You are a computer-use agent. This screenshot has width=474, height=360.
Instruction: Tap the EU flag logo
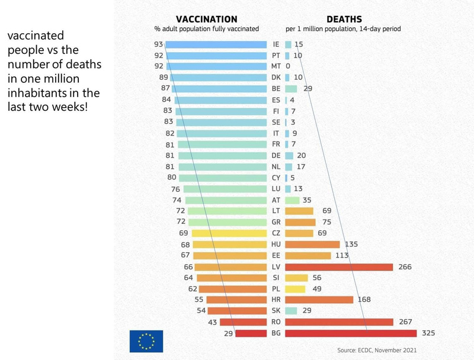pyautogui.click(x=146, y=341)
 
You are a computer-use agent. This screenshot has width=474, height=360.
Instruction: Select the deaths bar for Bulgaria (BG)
pyautogui.click(x=351, y=333)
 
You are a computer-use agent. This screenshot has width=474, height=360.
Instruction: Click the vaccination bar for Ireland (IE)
pyautogui.click(x=216, y=44)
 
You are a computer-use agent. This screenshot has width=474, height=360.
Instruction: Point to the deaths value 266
pyautogui.click(x=405, y=266)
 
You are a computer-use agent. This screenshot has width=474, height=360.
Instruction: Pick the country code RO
pyautogui.click(x=276, y=322)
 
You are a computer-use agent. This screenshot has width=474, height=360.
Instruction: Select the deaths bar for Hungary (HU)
pyautogui.click(x=312, y=244)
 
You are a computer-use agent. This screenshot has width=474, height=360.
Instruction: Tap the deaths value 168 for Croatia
pyautogui.click(x=364, y=300)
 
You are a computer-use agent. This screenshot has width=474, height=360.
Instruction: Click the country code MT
pyautogui.click(x=276, y=66)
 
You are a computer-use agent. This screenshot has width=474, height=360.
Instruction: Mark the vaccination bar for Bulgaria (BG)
pyautogui.click(x=251, y=333)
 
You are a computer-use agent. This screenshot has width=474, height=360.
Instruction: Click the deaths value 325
pyautogui.click(x=428, y=333)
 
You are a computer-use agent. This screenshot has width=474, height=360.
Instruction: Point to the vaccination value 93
pyautogui.click(x=158, y=44)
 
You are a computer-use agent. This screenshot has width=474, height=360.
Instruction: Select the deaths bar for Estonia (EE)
pyautogui.click(x=308, y=255)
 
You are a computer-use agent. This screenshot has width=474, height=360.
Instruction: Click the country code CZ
pyautogui.click(x=276, y=233)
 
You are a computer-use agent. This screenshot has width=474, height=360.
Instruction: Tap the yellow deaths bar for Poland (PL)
pyautogui.click(x=295, y=289)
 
